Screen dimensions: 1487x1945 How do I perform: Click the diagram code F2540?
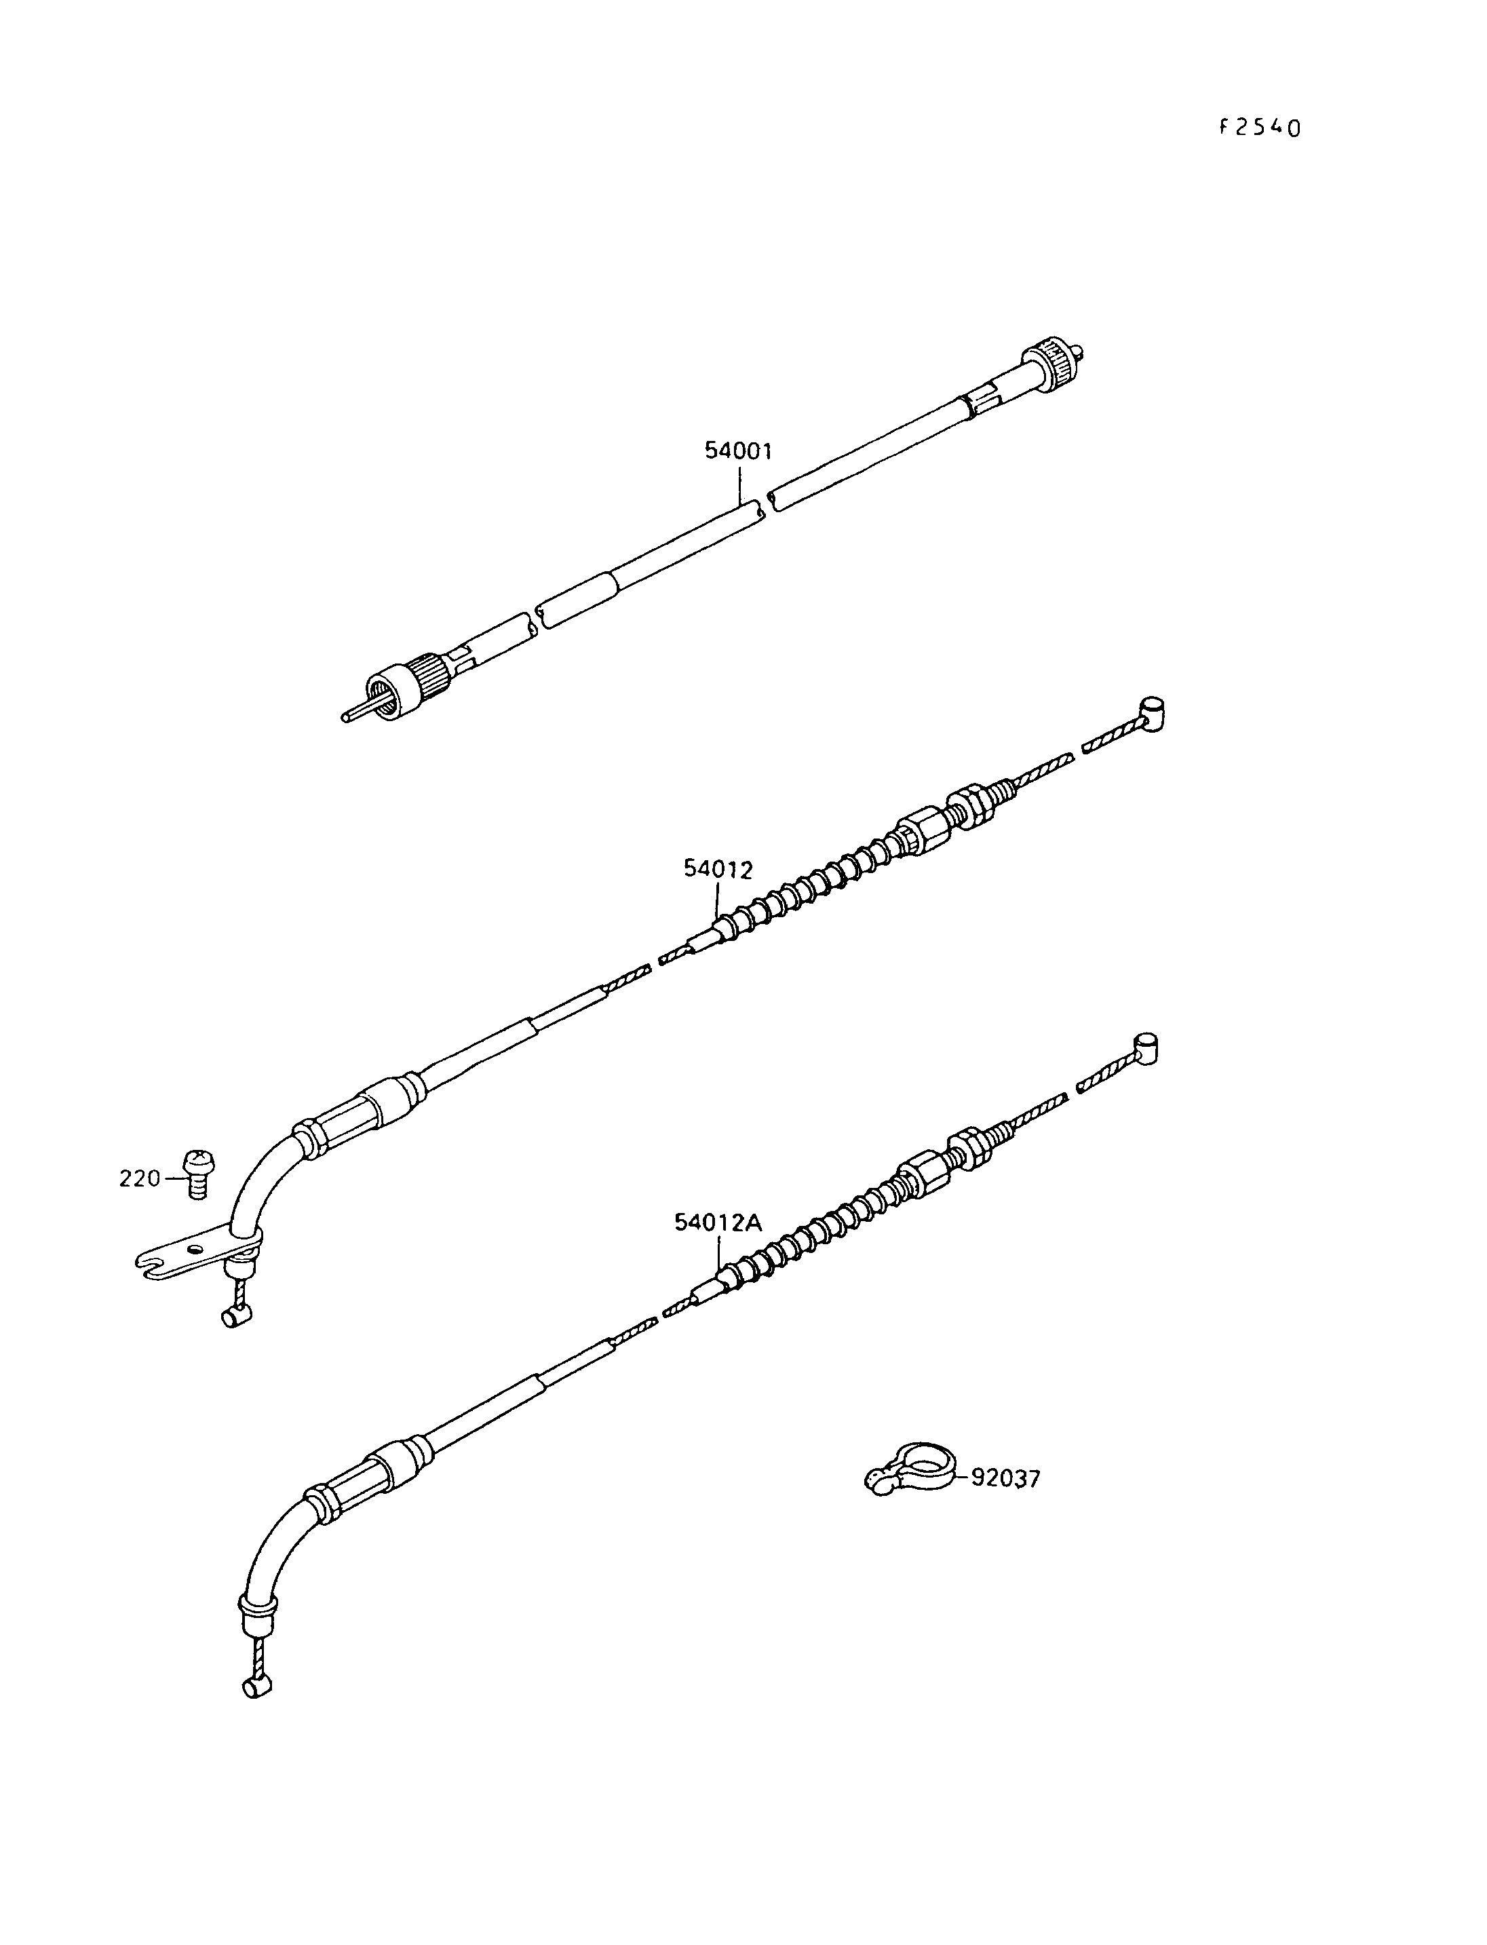tap(1258, 128)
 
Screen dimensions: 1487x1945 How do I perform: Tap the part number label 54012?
tap(717, 869)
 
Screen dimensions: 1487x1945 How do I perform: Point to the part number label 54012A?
tap(718, 1222)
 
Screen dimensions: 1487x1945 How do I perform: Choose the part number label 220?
tap(140, 1178)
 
